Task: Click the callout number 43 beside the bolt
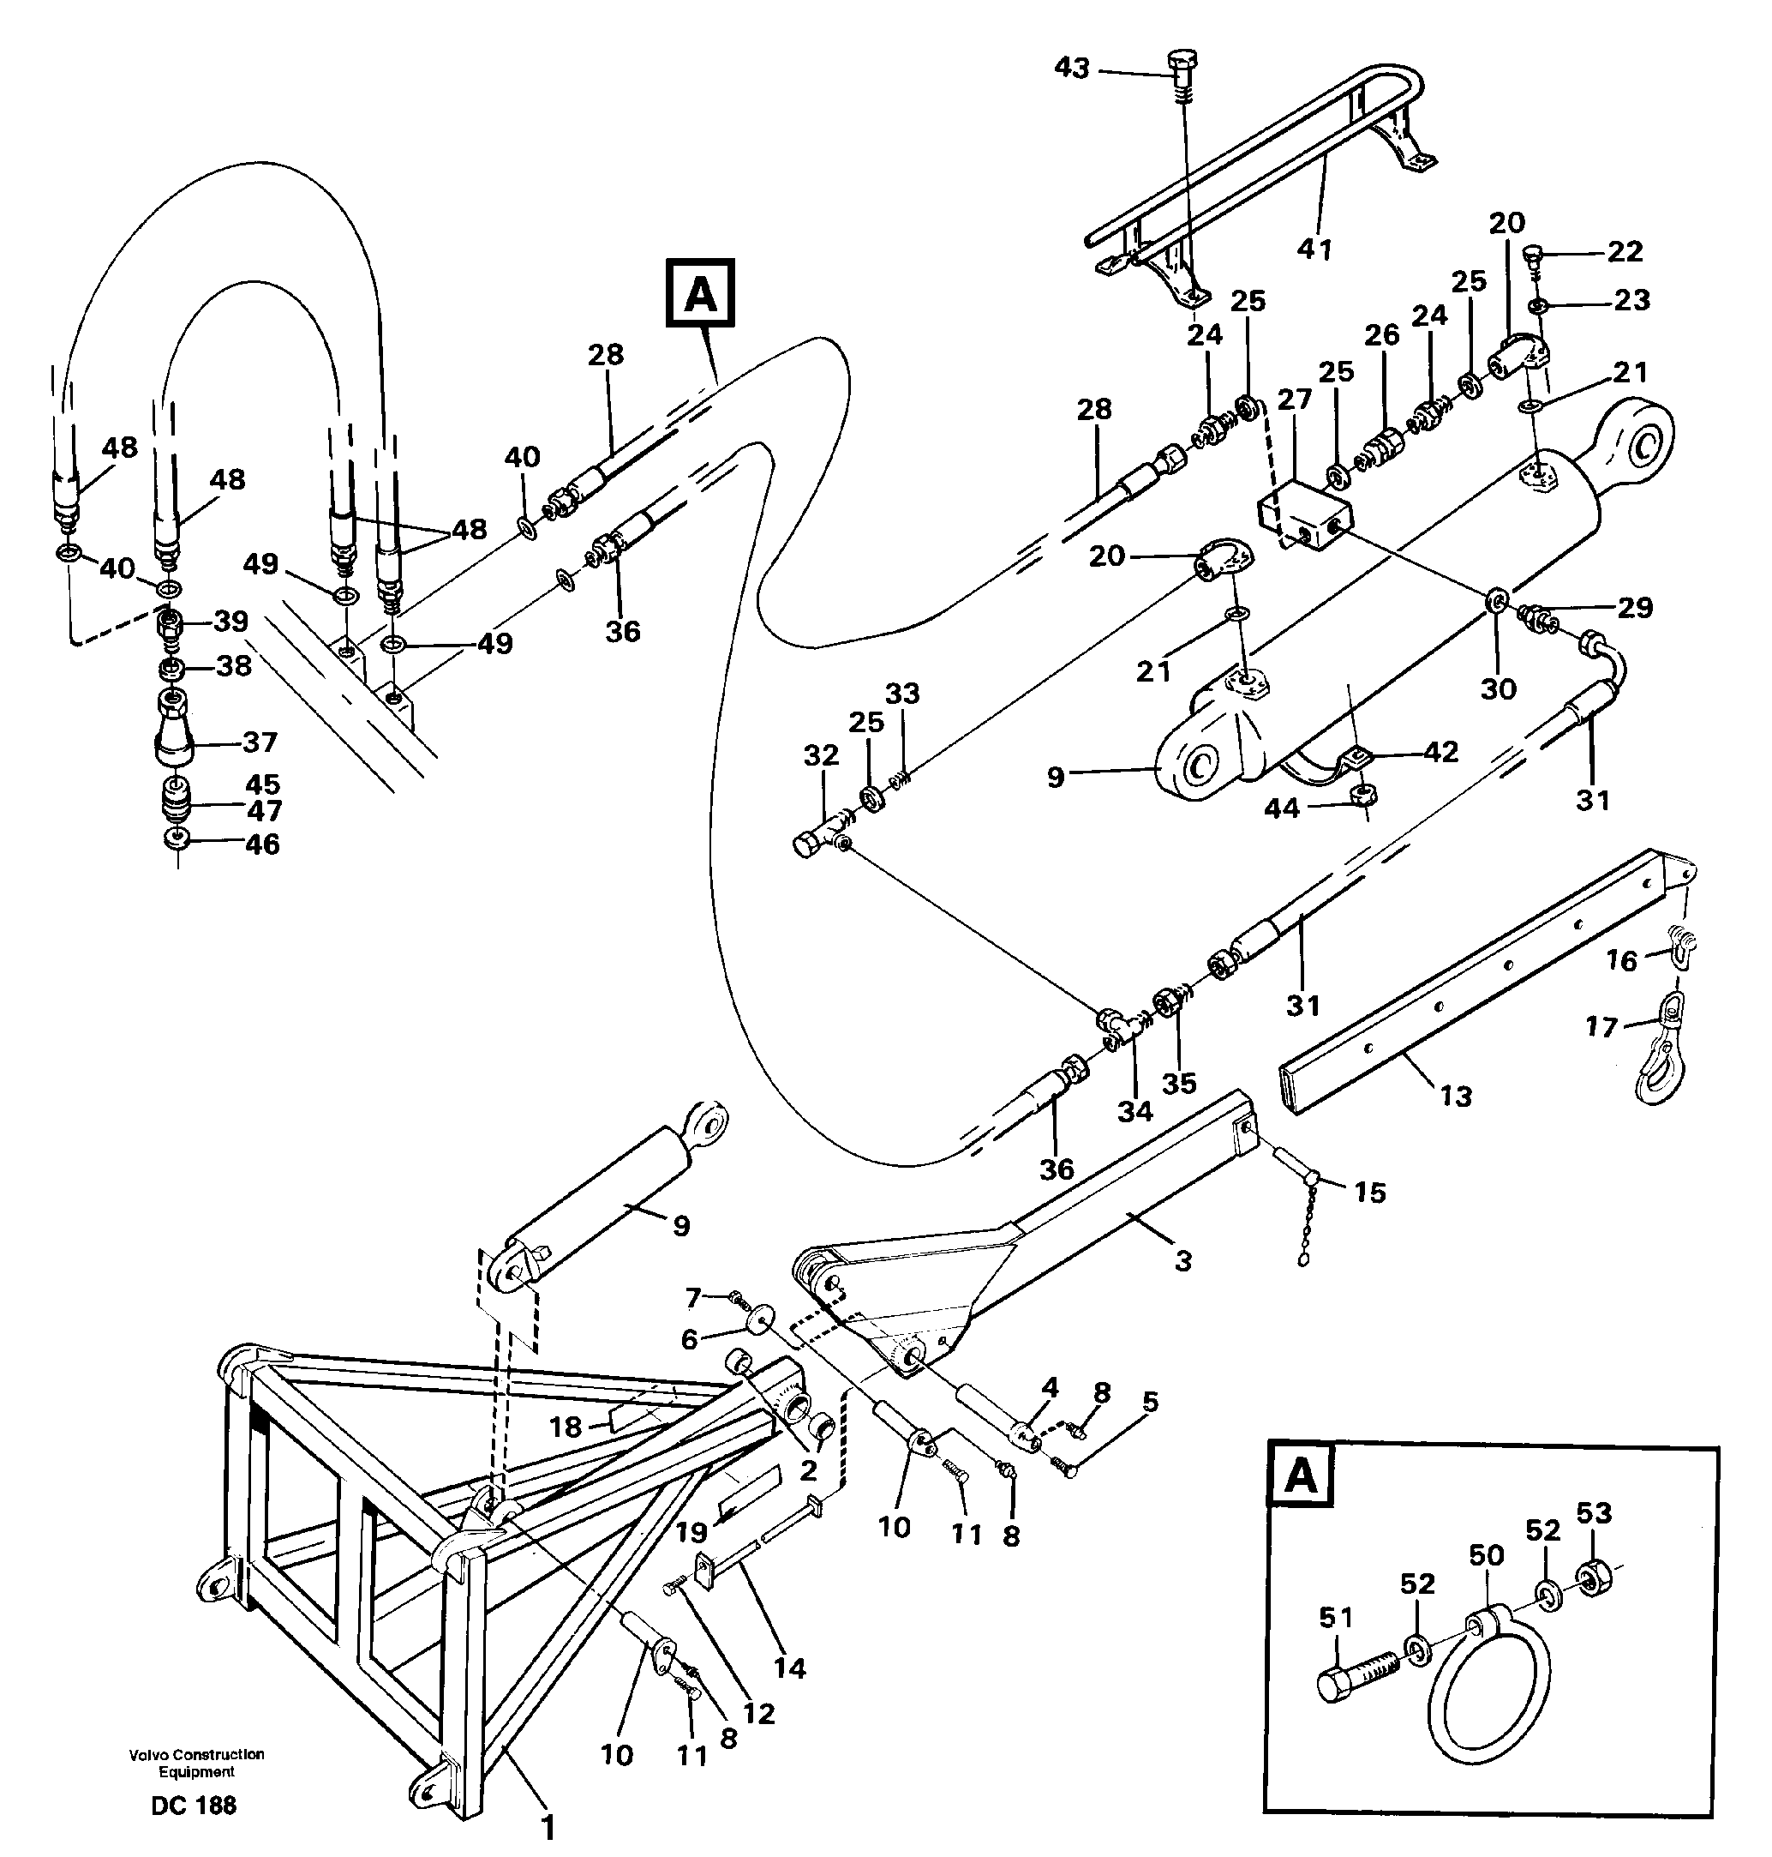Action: [1071, 68]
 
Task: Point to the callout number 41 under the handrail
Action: [1314, 249]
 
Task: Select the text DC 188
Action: [194, 1805]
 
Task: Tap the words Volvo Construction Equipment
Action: [196, 1763]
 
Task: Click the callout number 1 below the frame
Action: [546, 1829]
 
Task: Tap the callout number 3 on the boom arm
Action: [1182, 1259]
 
